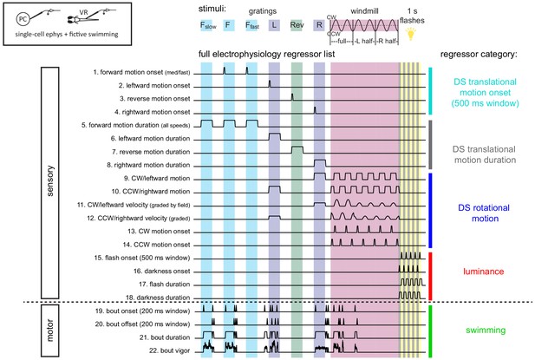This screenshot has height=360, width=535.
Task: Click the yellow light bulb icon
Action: (411, 34)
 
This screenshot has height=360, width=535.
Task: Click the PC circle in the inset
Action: (23, 19)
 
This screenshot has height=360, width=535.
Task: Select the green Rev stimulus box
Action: (297, 25)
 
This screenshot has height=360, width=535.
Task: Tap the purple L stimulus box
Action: (274, 25)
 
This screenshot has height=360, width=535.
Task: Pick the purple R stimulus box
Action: (319, 25)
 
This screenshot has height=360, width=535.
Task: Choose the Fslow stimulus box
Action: (208, 25)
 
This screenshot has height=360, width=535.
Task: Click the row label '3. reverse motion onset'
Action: (155, 99)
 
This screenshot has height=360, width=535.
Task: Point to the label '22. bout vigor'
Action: (169, 350)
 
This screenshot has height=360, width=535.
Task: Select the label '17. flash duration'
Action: (164, 285)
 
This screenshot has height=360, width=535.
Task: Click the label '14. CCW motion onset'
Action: (156, 245)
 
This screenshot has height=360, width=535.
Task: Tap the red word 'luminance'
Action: (484, 272)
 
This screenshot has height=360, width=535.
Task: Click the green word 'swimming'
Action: (486, 330)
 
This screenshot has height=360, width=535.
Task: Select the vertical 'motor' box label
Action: (49, 331)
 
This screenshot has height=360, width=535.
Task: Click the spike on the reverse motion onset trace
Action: (292, 97)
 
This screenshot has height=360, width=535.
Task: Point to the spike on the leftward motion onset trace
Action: (270, 83)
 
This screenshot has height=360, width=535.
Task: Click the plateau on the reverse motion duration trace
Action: (297, 147)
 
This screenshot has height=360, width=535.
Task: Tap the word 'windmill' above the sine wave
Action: (364, 11)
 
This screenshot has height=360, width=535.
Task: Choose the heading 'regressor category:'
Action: (479, 55)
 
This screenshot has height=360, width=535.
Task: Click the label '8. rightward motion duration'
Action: (148, 165)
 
